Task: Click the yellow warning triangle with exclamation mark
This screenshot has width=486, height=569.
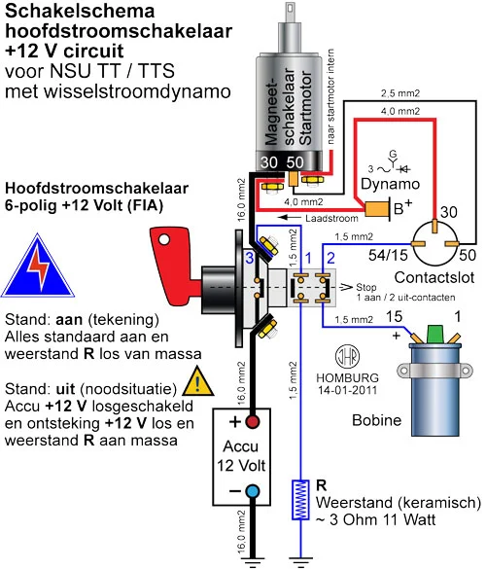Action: click(x=197, y=382)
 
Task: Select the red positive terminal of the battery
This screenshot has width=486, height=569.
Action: click(x=253, y=422)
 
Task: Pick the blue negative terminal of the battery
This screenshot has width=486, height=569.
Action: click(x=253, y=491)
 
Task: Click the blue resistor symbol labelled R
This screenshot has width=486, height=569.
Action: click(x=300, y=500)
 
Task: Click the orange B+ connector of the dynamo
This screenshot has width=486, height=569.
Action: click(x=375, y=209)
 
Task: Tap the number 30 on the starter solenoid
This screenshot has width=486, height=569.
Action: click(x=268, y=162)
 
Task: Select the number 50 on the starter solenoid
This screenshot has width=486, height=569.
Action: click(x=295, y=162)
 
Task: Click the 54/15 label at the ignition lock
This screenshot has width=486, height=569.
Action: click(x=388, y=256)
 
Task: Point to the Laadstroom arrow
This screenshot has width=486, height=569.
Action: click(x=289, y=218)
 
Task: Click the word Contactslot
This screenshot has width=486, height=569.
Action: click(x=434, y=277)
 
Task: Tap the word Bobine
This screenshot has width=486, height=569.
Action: click(x=377, y=420)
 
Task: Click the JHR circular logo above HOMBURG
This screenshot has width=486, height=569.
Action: click(x=347, y=357)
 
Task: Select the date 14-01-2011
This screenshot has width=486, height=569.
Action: click(x=347, y=390)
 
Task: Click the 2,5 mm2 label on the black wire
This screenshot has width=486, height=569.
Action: click(x=400, y=93)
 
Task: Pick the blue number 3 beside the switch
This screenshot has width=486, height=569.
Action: click(x=250, y=259)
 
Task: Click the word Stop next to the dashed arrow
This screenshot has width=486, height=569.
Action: click(x=365, y=287)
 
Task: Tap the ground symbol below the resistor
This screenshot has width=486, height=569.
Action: click(x=300, y=562)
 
